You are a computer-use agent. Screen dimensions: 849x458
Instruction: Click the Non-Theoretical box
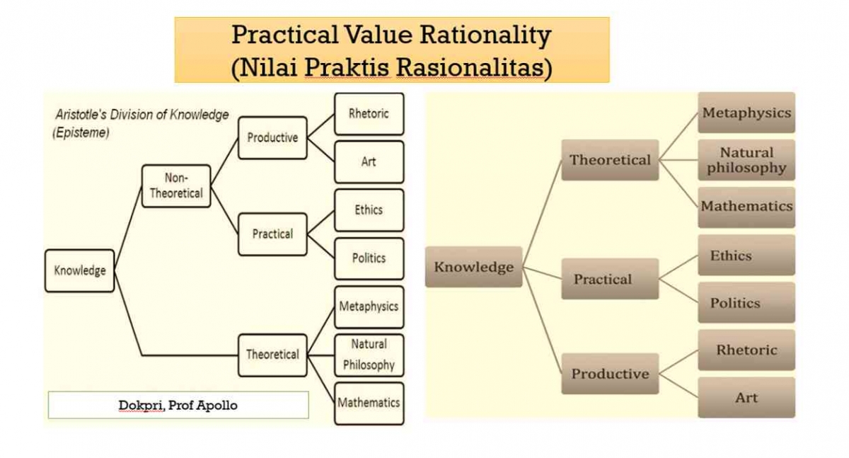(176, 185)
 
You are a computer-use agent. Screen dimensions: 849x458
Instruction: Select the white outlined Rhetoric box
(369, 114)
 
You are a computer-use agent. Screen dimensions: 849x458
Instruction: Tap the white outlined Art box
(369, 162)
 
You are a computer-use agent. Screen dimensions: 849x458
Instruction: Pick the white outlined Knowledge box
(79, 270)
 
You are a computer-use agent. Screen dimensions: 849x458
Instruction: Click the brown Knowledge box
(474, 267)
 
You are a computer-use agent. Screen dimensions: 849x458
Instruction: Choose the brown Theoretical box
(610, 160)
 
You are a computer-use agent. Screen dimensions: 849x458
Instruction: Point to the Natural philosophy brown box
(746, 160)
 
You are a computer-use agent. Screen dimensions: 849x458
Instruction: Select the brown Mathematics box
(746, 207)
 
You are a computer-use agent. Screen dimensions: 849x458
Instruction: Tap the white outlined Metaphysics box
(369, 307)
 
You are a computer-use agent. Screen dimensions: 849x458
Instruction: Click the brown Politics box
(746, 302)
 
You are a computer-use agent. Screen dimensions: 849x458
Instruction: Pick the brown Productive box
(610, 374)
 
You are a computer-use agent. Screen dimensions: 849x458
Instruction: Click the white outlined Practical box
(272, 234)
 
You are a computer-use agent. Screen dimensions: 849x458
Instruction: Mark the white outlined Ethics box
(369, 210)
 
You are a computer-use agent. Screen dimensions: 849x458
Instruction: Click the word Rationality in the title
(485, 35)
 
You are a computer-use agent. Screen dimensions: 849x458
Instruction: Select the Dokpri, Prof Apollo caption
(178, 406)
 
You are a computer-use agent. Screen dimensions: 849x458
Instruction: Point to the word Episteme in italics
(81, 132)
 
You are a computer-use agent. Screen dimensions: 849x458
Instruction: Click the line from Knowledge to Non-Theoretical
(128, 228)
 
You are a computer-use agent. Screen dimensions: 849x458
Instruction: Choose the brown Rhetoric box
(746, 350)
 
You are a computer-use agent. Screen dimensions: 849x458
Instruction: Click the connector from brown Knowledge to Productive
(542, 321)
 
